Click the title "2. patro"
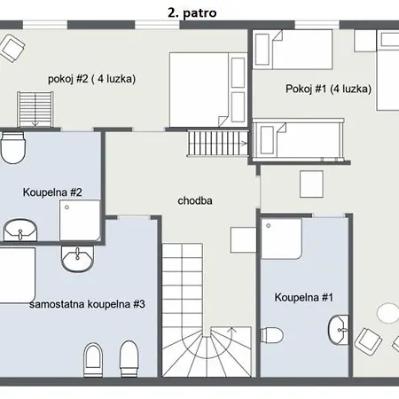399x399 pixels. pos(192,12)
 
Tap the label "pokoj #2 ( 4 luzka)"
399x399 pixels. pos(91,79)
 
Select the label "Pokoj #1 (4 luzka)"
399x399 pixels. pos(328,89)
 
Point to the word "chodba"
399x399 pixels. pos(195,200)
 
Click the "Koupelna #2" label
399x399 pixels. pos(52,192)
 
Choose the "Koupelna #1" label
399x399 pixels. pos(304,297)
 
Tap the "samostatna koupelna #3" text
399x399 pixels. pos(87,304)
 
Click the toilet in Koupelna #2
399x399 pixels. pos(12,148)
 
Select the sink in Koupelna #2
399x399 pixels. pos(20,230)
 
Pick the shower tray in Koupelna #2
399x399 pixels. pos(80,220)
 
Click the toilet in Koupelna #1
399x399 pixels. pos(271,335)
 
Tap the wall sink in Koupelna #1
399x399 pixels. pos(339,330)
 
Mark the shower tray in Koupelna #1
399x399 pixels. pos(281,239)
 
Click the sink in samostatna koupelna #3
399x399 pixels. pos(77,259)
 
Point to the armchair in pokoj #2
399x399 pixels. pos(12,48)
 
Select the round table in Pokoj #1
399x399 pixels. pos(387,313)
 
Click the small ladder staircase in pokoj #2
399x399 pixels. pos(35,109)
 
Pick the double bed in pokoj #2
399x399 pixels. pos(208,90)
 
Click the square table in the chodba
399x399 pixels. pos(243,240)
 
